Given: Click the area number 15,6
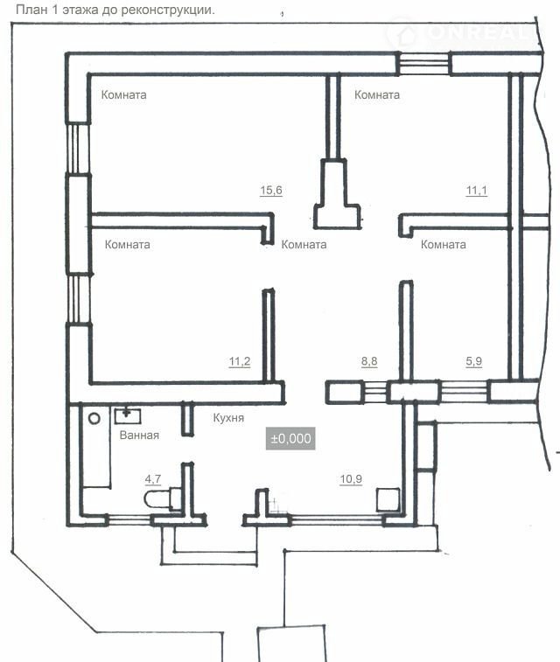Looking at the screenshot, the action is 271,190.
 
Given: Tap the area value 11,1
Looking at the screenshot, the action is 476,191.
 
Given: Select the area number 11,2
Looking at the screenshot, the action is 240,361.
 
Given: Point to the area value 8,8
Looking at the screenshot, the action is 369,361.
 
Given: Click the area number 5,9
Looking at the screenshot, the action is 474,361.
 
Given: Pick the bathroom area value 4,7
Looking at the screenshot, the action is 153,479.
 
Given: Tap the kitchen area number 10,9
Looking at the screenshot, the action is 351,479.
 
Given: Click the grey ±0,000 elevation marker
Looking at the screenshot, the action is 290,438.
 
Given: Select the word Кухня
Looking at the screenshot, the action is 228,418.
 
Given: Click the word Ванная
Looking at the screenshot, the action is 139,436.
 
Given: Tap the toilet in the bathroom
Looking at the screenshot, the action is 163,498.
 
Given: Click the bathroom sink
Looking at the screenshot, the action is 128,415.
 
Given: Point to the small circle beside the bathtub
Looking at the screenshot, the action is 94,418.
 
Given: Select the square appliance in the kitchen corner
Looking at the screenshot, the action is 388,499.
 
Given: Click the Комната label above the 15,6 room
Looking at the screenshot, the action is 123,94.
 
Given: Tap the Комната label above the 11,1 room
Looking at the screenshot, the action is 377,94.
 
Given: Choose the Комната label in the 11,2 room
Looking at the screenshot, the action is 127,245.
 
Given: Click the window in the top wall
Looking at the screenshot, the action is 424,64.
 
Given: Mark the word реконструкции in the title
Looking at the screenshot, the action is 168,10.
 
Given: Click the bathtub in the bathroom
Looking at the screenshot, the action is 96,446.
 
